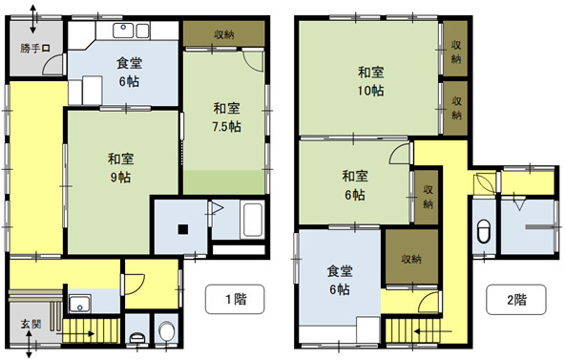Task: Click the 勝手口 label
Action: point(35,48)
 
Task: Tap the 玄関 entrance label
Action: point(31,324)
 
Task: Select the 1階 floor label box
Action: point(235,299)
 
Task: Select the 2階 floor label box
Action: point(516,300)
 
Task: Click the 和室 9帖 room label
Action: point(120,168)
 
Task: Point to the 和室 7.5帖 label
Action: point(226,117)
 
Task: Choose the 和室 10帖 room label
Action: point(370,81)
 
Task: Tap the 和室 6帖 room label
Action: point(355,185)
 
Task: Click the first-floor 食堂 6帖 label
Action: point(130,72)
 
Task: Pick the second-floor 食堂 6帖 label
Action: point(340,280)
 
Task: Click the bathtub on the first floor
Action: point(253,220)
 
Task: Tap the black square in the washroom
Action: point(183,229)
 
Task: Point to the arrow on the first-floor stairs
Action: point(75,334)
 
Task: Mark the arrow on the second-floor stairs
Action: point(432,330)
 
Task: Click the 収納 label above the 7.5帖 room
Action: point(224,34)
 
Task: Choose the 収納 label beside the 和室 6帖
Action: point(428,197)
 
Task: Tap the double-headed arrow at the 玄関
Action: point(30,344)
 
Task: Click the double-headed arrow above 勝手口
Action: point(32,19)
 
